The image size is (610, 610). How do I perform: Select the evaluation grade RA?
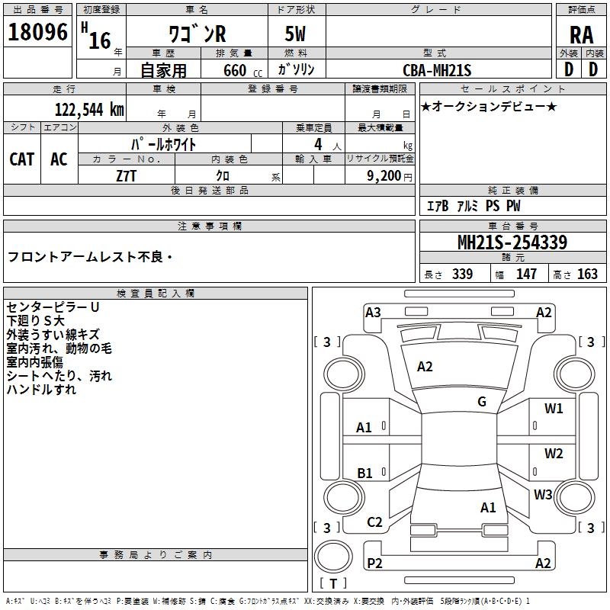click(x=581, y=35)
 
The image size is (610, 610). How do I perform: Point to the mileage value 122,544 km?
click(x=89, y=108)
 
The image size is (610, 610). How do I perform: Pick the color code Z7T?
click(x=127, y=175)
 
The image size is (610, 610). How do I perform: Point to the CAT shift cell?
click(x=21, y=159)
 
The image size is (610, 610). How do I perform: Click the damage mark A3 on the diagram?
click(x=373, y=312)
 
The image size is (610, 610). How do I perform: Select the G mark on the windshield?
click(x=481, y=401)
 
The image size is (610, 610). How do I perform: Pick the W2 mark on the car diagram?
click(x=554, y=454)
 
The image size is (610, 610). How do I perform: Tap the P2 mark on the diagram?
click(x=374, y=563)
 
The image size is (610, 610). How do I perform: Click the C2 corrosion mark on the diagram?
click(x=374, y=522)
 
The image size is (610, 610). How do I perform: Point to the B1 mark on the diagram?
click(x=364, y=474)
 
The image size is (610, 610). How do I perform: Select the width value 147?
click(x=526, y=274)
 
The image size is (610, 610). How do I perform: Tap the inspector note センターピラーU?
click(x=53, y=307)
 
